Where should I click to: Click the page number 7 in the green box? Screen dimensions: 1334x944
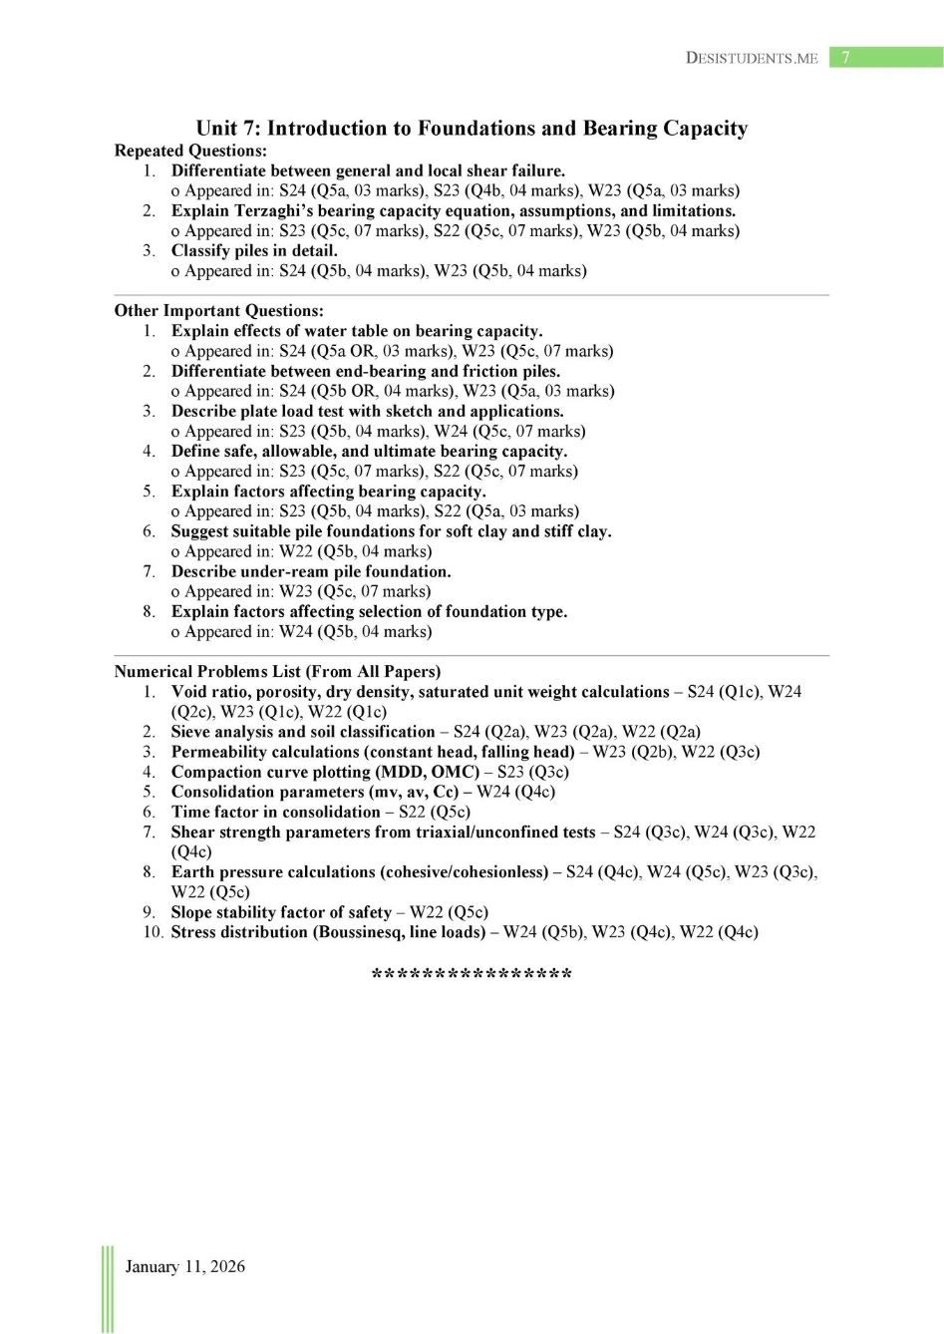click(845, 58)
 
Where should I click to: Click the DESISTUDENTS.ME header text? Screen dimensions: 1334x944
click(752, 59)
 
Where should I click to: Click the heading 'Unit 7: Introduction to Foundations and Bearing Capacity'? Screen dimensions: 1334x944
click(472, 129)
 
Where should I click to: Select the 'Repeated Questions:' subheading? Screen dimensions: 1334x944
click(190, 151)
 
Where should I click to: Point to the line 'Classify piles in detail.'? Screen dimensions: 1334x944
click(254, 250)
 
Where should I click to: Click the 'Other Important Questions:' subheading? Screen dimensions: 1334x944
click(218, 310)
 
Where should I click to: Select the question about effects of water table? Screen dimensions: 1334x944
click(357, 331)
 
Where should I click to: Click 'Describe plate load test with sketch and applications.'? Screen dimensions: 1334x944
click(367, 411)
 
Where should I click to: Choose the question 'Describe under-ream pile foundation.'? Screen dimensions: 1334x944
click(311, 571)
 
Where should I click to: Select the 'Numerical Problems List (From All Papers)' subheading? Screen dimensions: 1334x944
click(277, 671)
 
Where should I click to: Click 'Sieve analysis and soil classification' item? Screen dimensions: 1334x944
click(303, 732)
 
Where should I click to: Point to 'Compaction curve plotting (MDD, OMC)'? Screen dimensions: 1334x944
click(325, 772)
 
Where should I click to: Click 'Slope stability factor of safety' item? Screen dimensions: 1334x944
click(281, 912)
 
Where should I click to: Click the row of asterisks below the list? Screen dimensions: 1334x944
click(472, 974)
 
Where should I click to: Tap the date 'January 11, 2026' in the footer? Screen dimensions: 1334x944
click(184, 1266)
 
